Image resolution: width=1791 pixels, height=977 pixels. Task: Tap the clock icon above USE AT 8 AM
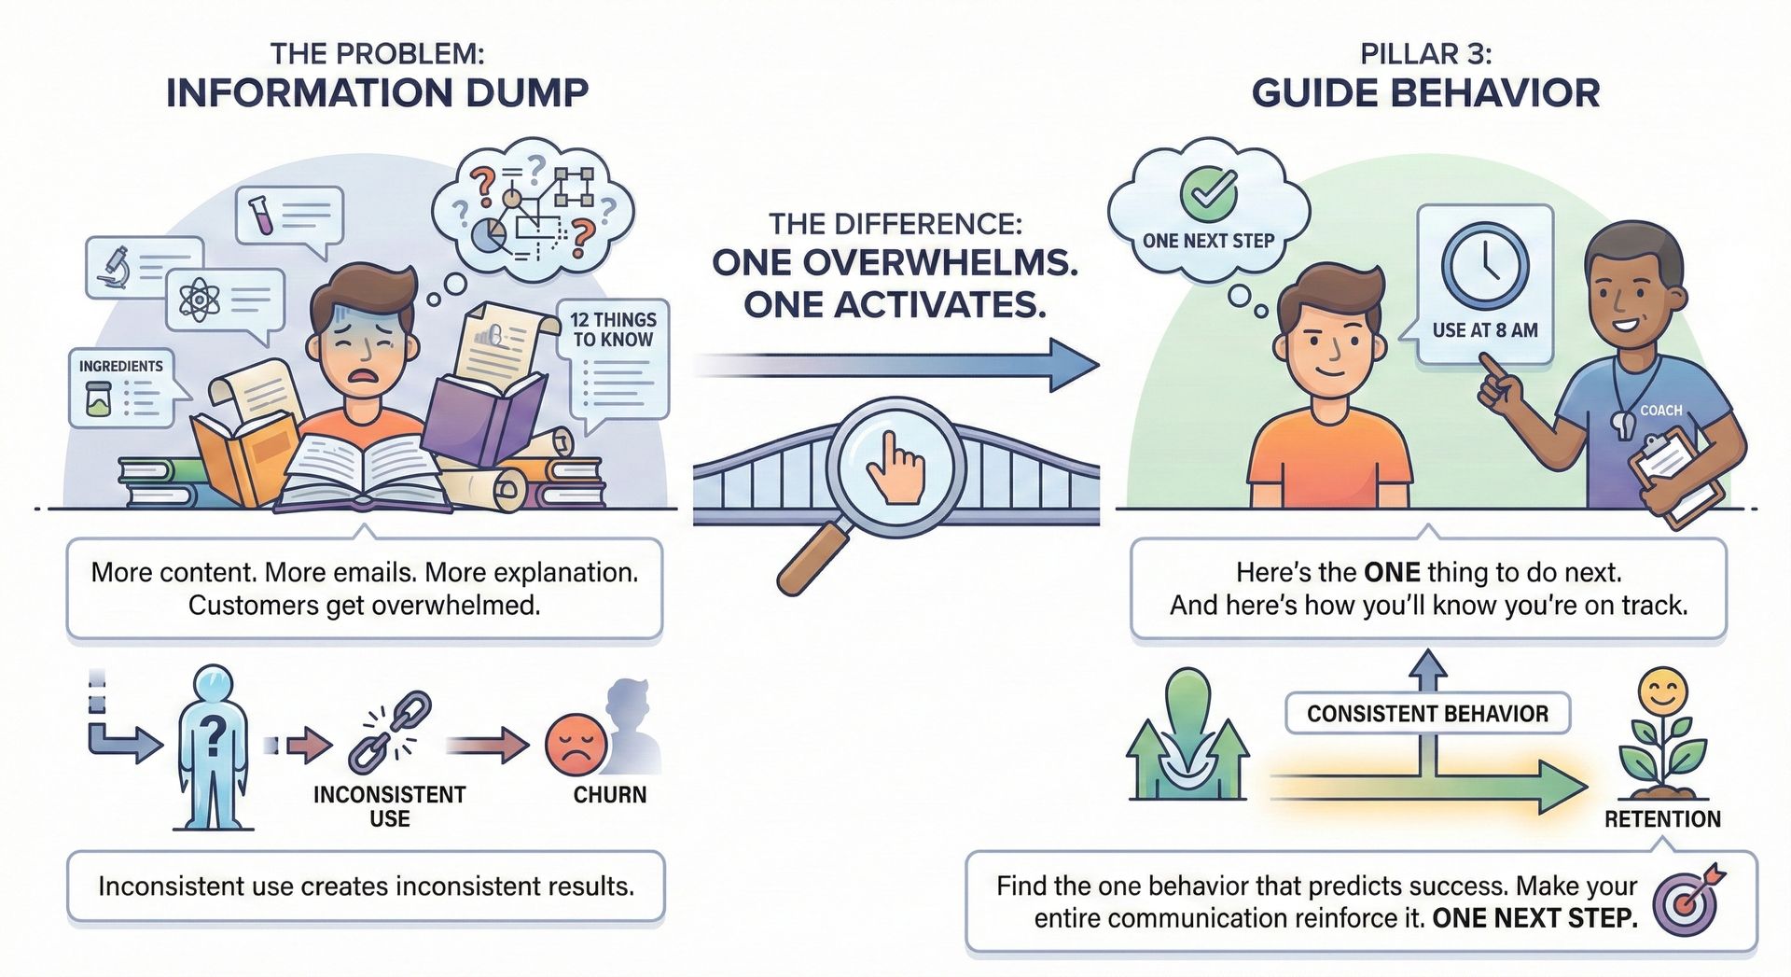[x=1484, y=264]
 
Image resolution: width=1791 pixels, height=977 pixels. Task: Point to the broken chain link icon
[x=390, y=733]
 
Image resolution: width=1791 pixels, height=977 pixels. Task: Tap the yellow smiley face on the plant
[x=1663, y=691]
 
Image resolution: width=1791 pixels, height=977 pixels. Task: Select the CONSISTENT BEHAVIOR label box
[x=1427, y=714]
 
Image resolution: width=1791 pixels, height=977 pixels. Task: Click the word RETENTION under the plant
[x=1662, y=819]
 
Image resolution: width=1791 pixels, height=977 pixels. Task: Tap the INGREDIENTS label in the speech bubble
[x=120, y=366]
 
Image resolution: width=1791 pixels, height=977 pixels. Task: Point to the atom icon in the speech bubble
[x=199, y=300]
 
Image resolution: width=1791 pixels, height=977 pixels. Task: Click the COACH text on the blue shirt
[x=1661, y=410]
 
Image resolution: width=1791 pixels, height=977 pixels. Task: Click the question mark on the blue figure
[x=214, y=736]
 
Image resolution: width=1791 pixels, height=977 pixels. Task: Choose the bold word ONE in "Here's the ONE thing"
[x=1392, y=572]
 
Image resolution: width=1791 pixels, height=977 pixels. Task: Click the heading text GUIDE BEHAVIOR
[x=1425, y=93]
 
